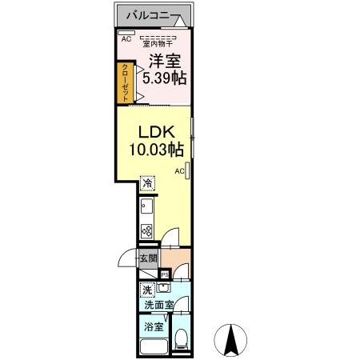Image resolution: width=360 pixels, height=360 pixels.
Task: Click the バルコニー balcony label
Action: (x=148, y=16)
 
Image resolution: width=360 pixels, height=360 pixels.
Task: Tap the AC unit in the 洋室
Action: (x=126, y=33)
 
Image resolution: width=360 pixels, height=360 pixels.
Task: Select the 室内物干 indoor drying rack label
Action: (x=158, y=43)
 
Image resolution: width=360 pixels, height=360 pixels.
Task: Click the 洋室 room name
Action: (x=165, y=61)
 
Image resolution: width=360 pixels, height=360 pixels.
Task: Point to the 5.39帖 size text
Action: (x=164, y=78)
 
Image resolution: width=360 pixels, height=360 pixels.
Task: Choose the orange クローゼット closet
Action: (x=125, y=83)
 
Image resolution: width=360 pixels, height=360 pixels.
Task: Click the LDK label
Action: (x=157, y=132)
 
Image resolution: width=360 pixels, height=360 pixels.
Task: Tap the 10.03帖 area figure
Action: (x=157, y=149)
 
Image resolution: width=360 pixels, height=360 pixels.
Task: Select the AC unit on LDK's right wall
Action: (x=187, y=170)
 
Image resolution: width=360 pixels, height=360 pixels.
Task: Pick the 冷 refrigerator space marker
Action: (x=147, y=183)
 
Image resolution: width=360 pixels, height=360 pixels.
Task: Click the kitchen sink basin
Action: (x=146, y=206)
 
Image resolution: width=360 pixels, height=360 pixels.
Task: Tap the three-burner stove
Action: (x=146, y=231)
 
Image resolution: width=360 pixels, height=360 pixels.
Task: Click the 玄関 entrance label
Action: (x=149, y=258)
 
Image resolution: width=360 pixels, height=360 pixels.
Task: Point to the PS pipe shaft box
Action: (x=165, y=274)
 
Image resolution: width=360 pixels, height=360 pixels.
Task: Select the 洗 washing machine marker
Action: (x=147, y=290)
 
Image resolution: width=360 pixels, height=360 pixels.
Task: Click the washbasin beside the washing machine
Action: (x=163, y=288)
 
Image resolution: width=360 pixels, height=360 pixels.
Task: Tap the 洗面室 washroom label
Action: (x=159, y=305)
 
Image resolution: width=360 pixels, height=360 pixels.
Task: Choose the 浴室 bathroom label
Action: (x=154, y=326)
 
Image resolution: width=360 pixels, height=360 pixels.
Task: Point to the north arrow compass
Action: (x=230, y=340)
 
